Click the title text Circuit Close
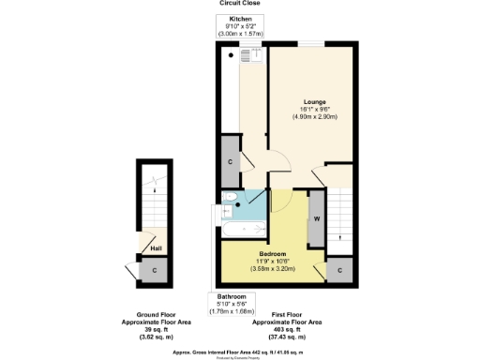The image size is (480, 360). tap(240, 4)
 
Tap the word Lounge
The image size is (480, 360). tap(314, 100)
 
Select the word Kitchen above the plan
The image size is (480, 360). tap(240, 19)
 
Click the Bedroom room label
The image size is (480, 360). tap(274, 252)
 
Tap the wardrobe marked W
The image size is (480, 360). tap(316, 220)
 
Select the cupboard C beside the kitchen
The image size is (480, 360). tap(230, 161)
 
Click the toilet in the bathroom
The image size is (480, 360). tap(230, 198)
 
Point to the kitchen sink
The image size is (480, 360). tap(250, 54)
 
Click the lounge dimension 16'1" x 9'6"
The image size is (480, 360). tap(314, 109)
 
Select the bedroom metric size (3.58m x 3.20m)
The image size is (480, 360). tap(274, 268)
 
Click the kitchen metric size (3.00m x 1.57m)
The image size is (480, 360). tap(240, 35)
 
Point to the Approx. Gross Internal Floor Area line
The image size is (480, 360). tap(240, 350)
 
